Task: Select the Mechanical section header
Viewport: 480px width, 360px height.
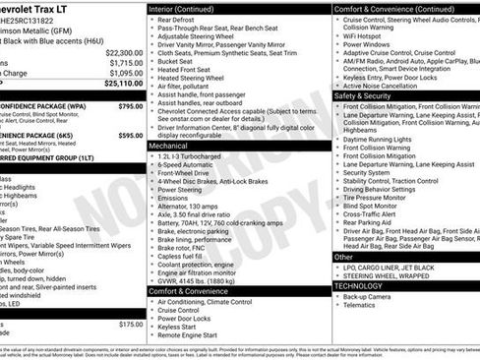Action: (175, 145)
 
